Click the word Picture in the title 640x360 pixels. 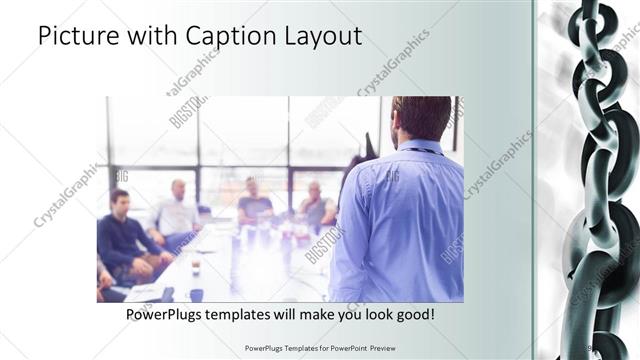pos(75,38)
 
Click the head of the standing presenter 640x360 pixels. pos(421,118)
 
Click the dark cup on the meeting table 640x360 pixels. pos(196,294)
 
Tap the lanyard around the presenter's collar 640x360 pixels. pos(420,150)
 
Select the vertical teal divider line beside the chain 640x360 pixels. pos(533,180)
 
